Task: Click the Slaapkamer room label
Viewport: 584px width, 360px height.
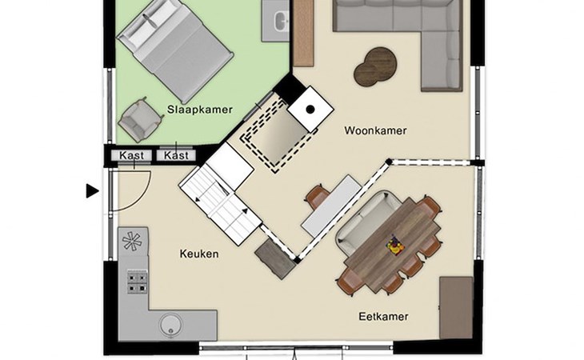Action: coord(200,110)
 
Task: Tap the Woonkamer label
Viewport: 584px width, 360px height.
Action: coord(375,130)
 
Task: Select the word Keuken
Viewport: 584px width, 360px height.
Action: coord(199,254)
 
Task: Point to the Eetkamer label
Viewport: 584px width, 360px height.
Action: coord(384,317)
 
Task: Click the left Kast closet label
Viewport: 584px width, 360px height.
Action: coord(131,155)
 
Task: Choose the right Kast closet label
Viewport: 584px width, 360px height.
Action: coord(176,155)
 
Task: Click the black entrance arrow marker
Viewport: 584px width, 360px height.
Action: coord(92,191)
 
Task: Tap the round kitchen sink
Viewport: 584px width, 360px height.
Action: coord(171,325)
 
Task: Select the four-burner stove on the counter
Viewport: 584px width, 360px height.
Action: coord(137,282)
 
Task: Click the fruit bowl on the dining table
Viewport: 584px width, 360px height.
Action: coord(395,245)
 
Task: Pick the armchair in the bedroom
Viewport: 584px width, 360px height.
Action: coord(141,119)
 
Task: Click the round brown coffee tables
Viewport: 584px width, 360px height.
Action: coord(374,66)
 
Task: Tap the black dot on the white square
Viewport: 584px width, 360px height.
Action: coord(310,109)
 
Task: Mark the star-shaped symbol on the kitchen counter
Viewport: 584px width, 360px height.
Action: coord(132,240)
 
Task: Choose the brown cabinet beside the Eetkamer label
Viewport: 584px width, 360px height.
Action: coord(456,307)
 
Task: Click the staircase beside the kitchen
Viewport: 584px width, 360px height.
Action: coord(221,204)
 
